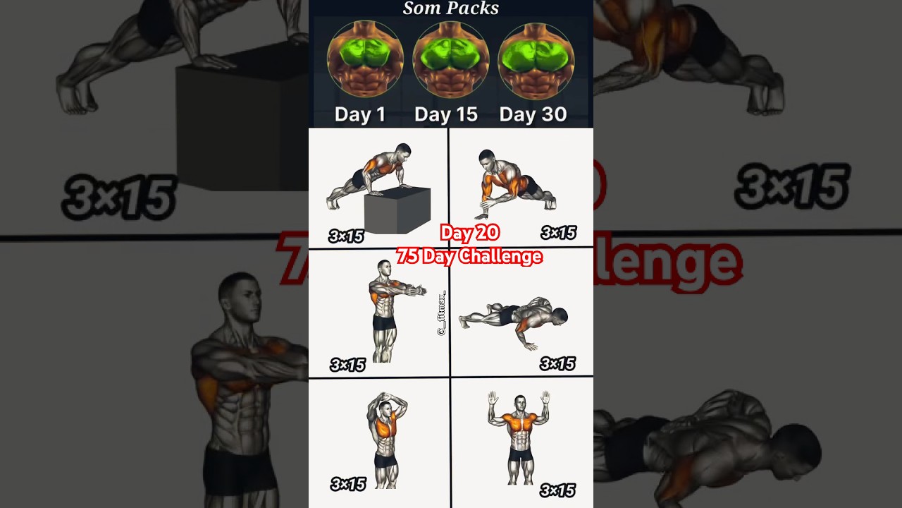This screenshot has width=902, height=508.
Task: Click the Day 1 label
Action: click(x=359, y=114)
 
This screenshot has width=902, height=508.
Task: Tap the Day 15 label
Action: click(x=445, y=114)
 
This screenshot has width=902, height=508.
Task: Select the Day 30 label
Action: click(x=533, y=114)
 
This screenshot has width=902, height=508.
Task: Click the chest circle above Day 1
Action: click(x=365, y=60)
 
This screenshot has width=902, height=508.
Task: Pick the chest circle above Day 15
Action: click(x=450, y=60)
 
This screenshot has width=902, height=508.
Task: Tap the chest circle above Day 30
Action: click(x=536, y=60)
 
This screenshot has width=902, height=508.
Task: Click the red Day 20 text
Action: click(x=469, y=233)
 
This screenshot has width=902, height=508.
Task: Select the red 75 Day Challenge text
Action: click(x=469, y=256)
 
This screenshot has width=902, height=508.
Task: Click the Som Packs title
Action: click(x=450, y=8)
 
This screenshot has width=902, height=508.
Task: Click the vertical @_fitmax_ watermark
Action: click(x=443, y=313)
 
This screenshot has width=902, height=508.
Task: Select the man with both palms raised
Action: click(x=520, y=437)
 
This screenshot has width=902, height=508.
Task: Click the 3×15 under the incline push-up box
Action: click(x=347, y=236)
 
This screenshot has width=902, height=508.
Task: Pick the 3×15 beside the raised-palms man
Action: click(x=557, y=490)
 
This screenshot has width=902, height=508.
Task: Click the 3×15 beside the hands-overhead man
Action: click(x=347, y=484)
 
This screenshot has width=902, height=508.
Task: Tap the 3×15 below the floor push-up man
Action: click(x=557, y=364)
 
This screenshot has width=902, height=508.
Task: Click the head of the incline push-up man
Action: click(x=402, y=152)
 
